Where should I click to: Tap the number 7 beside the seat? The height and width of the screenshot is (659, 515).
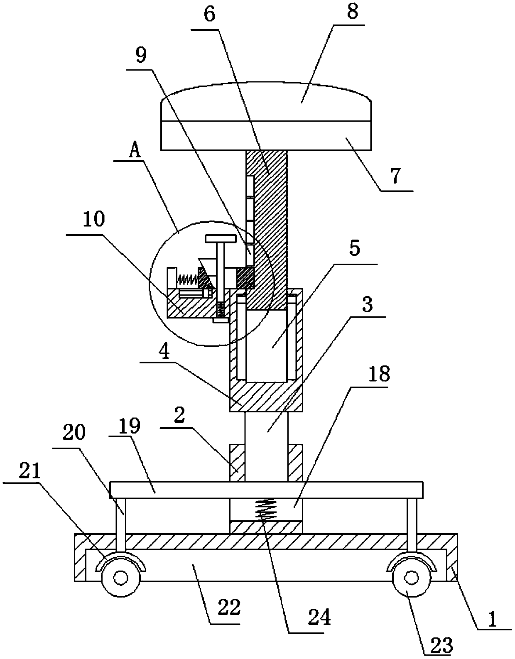[x=395, y=176]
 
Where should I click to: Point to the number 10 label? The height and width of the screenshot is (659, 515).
[x=93, y=220]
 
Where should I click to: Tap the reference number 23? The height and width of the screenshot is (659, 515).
[x=442, y=646]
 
